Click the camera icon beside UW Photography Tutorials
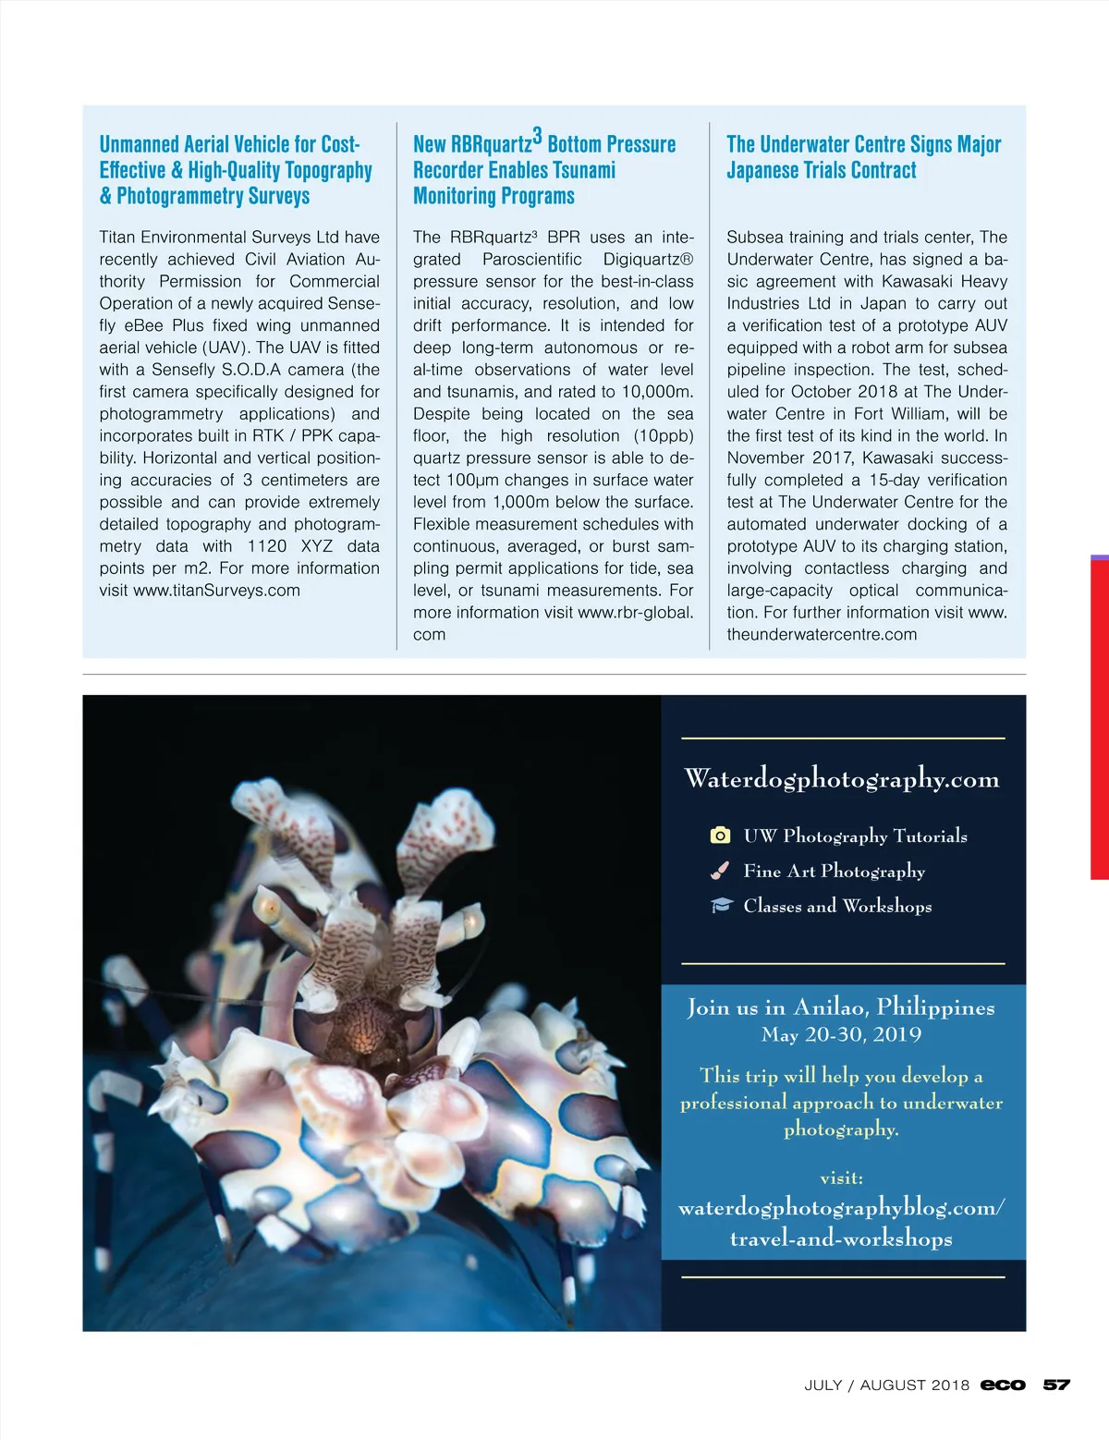pos(720,836)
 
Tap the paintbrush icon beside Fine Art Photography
pos(720,871)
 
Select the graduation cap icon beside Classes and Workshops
pos(721,906)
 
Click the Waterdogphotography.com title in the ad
pos(842,779)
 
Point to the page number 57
pos(1056,1385)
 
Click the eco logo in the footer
pos(1003,1385)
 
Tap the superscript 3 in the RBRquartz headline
pos(537,136)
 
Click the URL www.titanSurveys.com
pos(216,591)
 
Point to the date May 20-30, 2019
pos(841,1034)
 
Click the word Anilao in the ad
pos(829,1007)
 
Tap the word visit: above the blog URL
pos(841,1178)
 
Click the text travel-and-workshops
pos(841,1238)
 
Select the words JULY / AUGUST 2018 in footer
pos(886,1385)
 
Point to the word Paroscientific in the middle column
pos(532,259)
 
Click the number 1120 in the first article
pos(267,546)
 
